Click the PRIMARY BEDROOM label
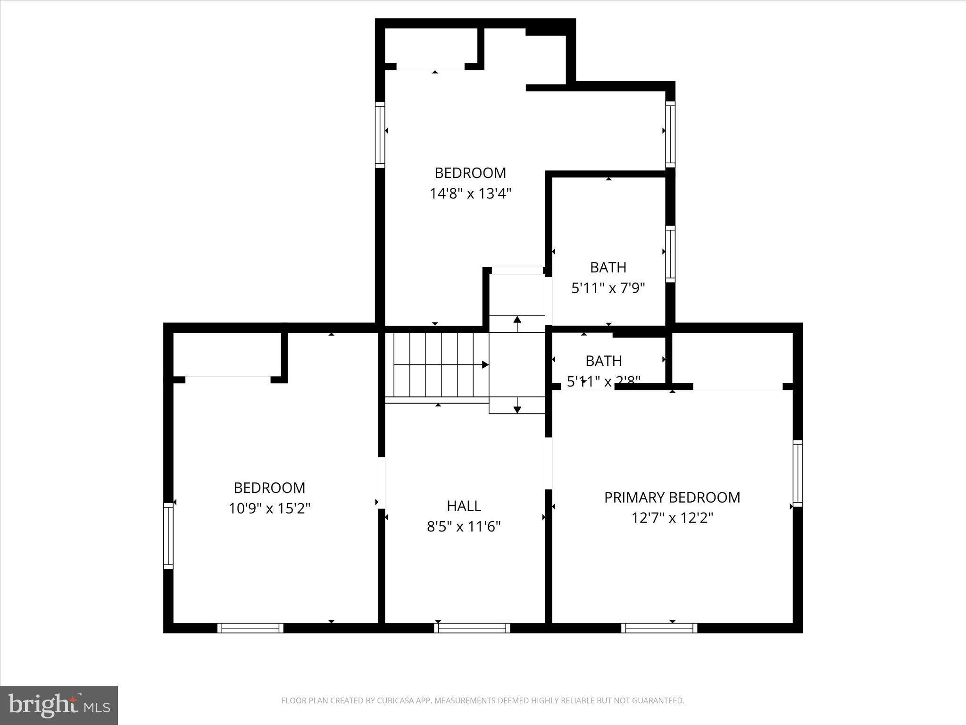click(x=672, y=497)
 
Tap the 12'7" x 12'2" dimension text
click(x=672, y=518)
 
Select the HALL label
click(x=464, y=506)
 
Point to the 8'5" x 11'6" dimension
click(x=464, y=526)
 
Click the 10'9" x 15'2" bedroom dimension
click(x=269, y=508)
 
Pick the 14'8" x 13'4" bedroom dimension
click(x=470, y=194)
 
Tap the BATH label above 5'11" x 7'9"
click(x=608, y=268)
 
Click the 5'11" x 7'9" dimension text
click(x=608, y=288)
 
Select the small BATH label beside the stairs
click(x=603, y=361)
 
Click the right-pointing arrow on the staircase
click(x=484, y=364)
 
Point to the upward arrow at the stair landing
click(x=517, y=320)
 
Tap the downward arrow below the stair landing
click(x=517, y=409)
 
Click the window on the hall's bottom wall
click(x=472, y=628)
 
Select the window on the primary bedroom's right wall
click(x=798, y=473)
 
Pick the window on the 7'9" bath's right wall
click(x=670, y=254)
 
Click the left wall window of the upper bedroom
click(x=380, y=135)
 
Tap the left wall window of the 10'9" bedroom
click(x=168, y=536)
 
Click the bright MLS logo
click(x=59, y=705)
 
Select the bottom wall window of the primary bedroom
click(x=659, y=628)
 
